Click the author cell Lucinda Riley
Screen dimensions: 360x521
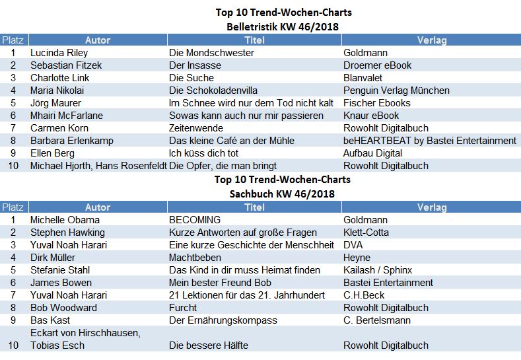[x=59, y=53]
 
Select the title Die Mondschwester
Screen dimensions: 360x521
[x=211, y=53]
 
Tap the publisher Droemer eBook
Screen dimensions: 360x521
[x=377, y=65]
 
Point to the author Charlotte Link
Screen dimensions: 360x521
[x=60, y=78]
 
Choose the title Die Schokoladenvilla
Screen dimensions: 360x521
[x=213, y=90]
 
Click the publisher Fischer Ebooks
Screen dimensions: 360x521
[x=377, y=103]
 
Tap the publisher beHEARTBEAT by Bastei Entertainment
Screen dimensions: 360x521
[x=430, y=141]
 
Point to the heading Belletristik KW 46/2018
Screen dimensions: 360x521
[x=283, y=26]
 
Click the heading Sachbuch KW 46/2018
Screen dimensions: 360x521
[x=283, y=194]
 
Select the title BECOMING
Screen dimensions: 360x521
[x=195, y=220]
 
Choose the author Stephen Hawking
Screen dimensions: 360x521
[x=67, y=233]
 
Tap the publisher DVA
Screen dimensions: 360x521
[x=354, y=245]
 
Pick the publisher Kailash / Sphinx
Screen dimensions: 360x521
[x=378, y=270]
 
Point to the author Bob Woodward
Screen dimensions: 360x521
[x=63, y=308]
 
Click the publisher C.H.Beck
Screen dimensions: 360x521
[x=364, y=295]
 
